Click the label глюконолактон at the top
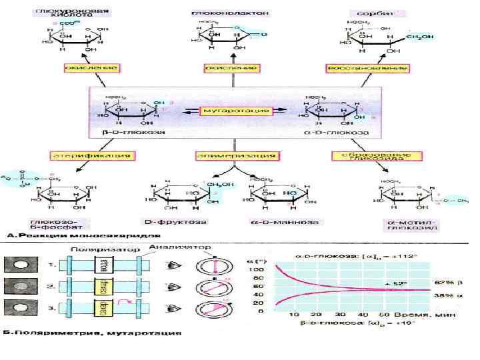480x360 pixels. click(x=220, y=13)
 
